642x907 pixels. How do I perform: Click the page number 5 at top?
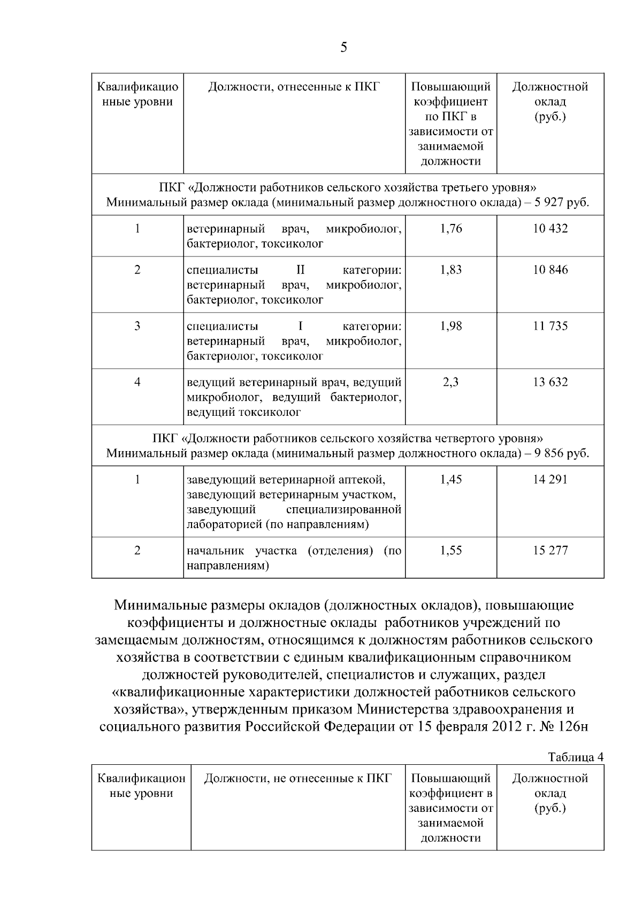[343, 48]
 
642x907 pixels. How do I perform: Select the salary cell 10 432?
[550, 229]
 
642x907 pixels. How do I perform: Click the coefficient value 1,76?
[450, 229]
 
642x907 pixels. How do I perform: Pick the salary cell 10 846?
[550, 270]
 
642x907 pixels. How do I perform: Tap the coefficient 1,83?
[450, 270]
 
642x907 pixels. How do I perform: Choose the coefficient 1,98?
[450, 326]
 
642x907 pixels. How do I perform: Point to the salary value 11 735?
[550, 326]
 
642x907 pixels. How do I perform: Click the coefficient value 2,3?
[450, 382]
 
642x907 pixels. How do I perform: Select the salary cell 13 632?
[550, 382]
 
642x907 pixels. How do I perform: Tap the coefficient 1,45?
[450, 479]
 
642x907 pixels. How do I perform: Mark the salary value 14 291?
[550, 479]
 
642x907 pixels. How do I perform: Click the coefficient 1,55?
[450, 551]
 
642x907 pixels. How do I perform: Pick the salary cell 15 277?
[550, 551]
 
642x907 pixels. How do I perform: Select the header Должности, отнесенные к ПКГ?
[294, 87]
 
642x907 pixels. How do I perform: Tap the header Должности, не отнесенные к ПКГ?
[298, 778]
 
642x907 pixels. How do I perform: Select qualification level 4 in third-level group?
[137, 382]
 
